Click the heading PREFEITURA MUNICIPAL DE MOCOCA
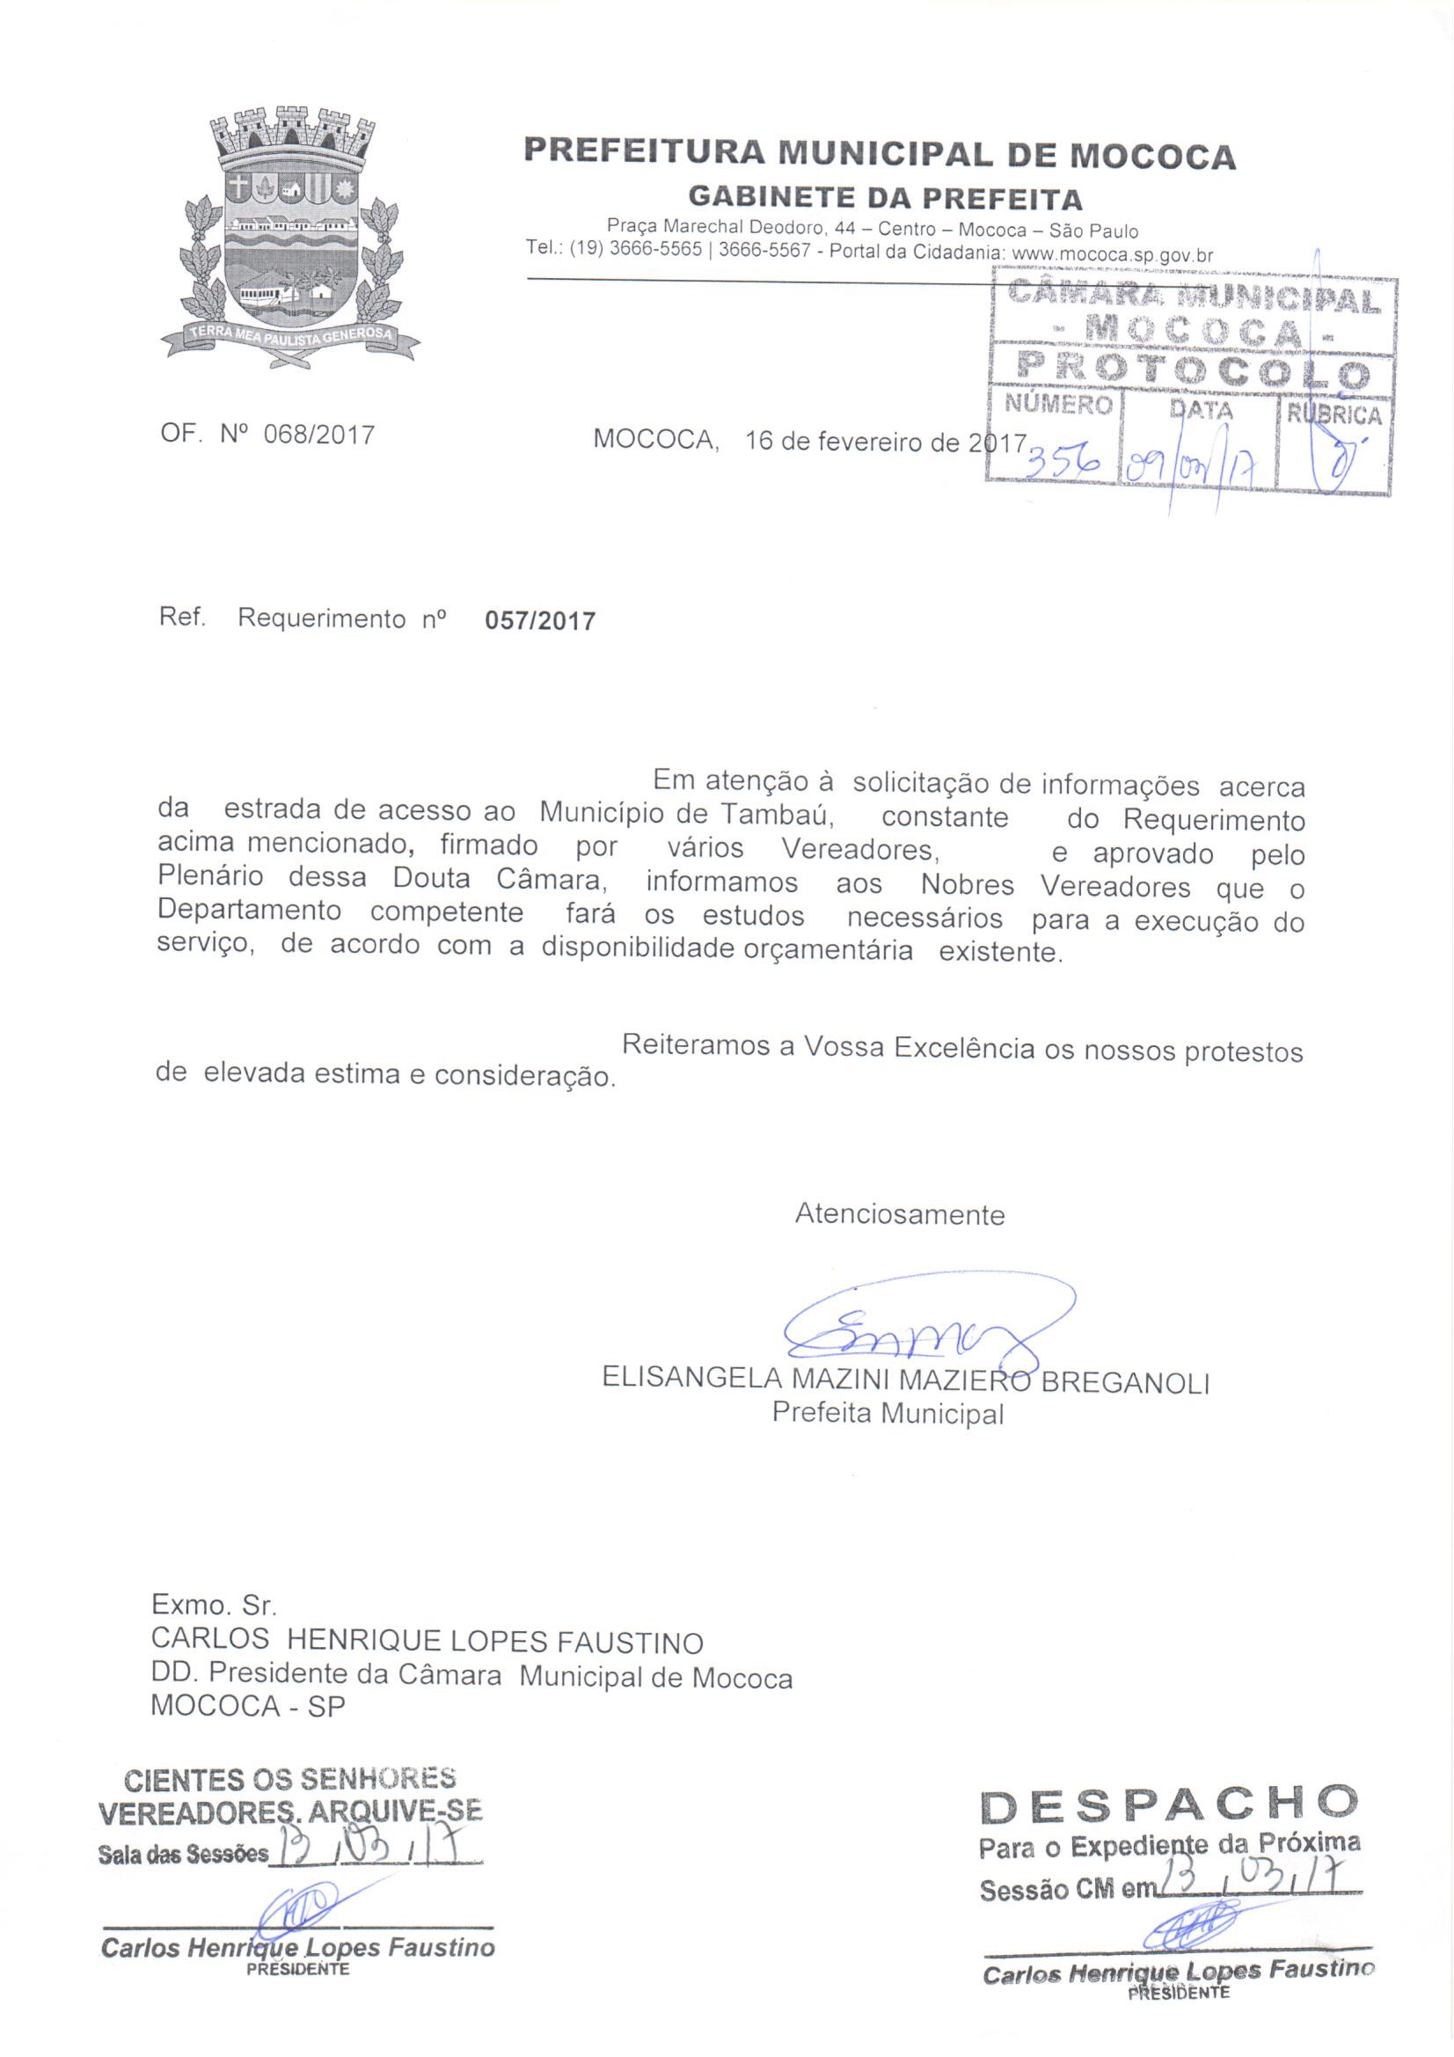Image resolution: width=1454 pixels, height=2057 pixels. pos(879,153)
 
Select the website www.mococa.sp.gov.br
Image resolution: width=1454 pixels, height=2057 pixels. pos(1112,254)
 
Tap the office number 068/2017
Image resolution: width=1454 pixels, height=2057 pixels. pos(319,436)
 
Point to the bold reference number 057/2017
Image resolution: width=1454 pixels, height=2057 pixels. pos(539,621)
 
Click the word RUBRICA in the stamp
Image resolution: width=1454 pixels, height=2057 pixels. pos(1334,415)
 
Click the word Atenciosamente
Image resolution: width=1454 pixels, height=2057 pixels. pos(900,1215)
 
